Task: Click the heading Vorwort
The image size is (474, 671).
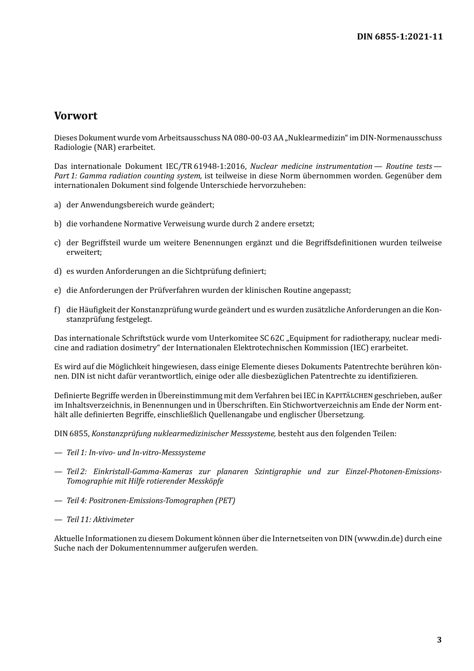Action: (76, 116)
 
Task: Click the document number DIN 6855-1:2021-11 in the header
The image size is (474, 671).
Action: (399, 36)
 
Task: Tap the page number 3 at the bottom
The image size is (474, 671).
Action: (439, 640)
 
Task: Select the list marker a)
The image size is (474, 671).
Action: (57, 205)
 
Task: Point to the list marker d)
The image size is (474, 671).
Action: (57, 271)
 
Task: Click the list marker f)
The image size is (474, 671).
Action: (57, 310)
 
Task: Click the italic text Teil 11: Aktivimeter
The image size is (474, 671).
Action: (100, 520)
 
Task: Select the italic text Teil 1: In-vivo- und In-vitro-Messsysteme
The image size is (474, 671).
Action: (136, 453)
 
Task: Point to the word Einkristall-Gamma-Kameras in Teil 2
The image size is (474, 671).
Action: (143, 472)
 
